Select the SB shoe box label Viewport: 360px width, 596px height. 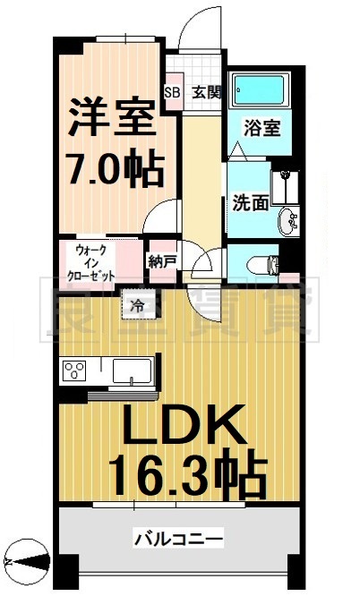(x=172, y=91)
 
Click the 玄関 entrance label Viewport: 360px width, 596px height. (x=203, y=91)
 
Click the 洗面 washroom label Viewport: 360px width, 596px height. (x=251, y=201)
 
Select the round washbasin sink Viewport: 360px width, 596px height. (x=289, y=221)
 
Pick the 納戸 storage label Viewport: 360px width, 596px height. (x=163, y=261)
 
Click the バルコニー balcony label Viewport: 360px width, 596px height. (x=178, y=540)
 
